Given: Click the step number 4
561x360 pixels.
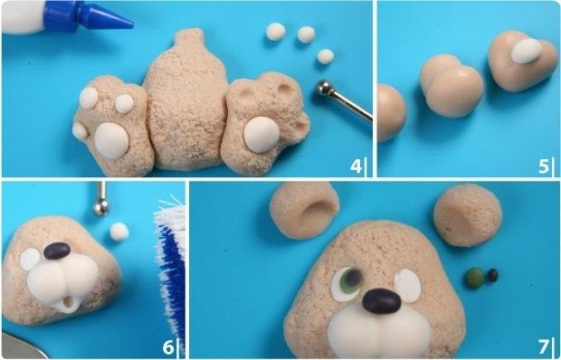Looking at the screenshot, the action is tap(356, 166).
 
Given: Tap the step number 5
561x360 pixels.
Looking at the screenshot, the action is tap(544, 166).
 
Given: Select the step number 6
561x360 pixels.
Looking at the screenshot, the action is tap(168, 346).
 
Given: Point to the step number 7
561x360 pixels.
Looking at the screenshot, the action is tap(544, 346).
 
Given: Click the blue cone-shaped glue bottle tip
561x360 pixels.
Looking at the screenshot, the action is tap(107, 18).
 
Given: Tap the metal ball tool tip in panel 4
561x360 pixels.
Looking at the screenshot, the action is tap(325, 88).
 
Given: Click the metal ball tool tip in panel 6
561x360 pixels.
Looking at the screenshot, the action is tap(101, 206).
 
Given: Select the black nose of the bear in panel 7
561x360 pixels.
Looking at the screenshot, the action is tap(382, 301).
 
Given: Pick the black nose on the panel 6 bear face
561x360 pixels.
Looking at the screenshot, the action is tap(57, 251).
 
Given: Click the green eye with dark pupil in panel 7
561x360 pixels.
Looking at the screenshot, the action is tap(347, 284).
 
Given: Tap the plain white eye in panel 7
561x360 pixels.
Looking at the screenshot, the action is tap(407, 286).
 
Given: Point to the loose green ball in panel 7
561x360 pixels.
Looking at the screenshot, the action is tap(475, 278).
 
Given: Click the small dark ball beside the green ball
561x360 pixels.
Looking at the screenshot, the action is tap(492, 275).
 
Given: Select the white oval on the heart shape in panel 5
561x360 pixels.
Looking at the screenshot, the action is tap(527, 51).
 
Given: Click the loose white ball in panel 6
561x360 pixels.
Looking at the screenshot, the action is tap(119, 232).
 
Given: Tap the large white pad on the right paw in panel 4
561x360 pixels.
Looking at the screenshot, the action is tap(261, 135).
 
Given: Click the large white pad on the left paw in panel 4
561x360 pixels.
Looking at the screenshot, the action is tap(111, 140).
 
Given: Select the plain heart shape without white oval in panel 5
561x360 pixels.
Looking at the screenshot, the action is tap(452, 86).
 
